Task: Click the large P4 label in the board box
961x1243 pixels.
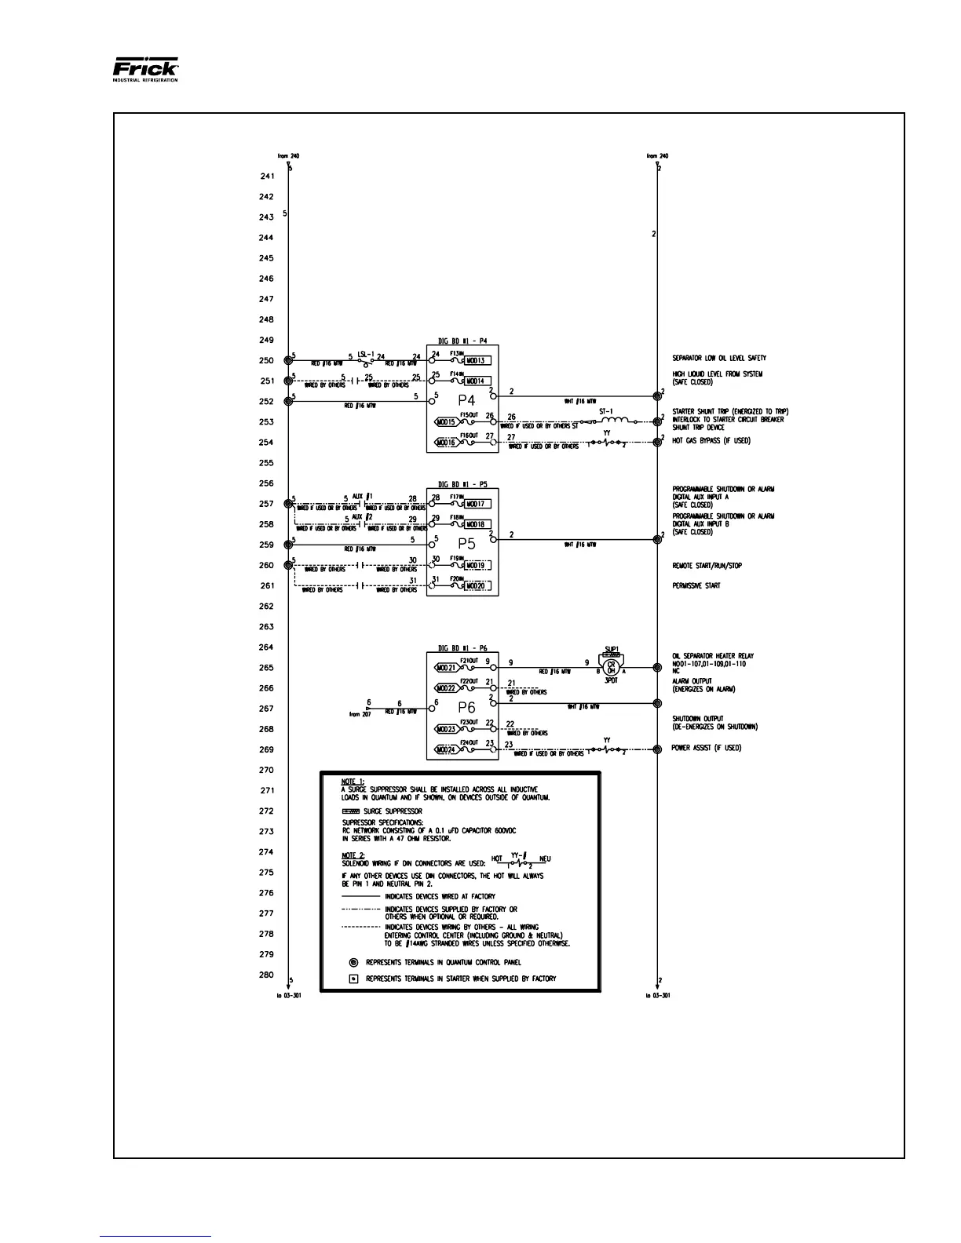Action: [x=467, y=400]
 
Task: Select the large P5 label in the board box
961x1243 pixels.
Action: [x=467, y=543]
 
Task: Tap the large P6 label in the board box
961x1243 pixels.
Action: [x=467, y=708]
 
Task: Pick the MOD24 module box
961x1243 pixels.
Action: [x=447, y=749]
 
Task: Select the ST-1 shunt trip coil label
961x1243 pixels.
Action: [x=605, y=411]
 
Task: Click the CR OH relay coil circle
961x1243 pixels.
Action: [x=612, y=668]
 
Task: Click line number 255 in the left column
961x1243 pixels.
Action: [x=267, y=463]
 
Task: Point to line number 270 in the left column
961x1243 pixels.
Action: [x=267, y=770]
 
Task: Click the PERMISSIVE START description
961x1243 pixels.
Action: [x=696, y=585]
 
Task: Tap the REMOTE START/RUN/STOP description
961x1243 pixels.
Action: [x=707, y=565]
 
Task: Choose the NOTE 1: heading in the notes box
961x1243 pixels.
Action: [x=353, y=782]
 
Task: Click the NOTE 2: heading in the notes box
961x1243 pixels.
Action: [x=353, y=855]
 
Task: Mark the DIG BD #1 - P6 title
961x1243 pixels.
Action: [x=462, y=649]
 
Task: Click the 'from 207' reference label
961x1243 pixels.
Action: [x=360, y=715]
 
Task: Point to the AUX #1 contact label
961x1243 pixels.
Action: [x=363, y=497]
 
